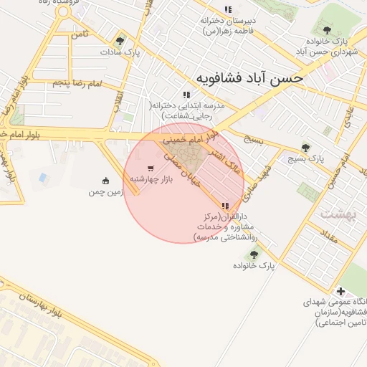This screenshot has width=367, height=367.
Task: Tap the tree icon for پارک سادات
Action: pos(120,41)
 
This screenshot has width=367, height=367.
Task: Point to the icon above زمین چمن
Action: pos(106,181)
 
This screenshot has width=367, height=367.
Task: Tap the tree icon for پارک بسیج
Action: pos(306,148)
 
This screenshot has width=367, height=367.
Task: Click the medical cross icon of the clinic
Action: pos(340,292)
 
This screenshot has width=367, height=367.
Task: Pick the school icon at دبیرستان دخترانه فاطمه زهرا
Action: pos(228,9)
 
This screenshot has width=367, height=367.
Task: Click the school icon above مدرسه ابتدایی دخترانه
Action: pos(186,94)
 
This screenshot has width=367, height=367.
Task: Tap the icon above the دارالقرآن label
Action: pos(226,205)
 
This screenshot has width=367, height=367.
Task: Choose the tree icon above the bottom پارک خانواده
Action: pos(253,254)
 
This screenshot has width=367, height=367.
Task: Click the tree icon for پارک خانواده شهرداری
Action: pos(327,30)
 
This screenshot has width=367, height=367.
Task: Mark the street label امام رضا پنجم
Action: pos(77,84)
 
